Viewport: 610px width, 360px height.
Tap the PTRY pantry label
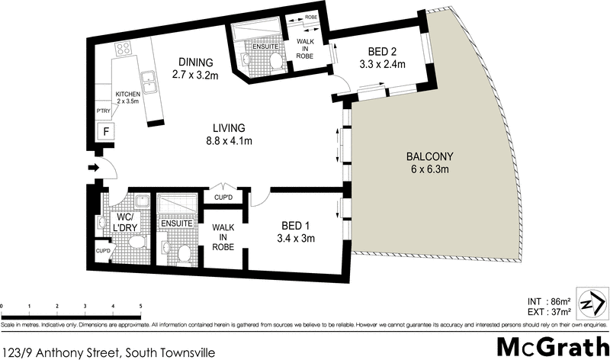pos(104,111)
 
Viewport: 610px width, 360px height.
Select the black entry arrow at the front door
pos(95,167)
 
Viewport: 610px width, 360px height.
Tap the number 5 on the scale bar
pos(141,306)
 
